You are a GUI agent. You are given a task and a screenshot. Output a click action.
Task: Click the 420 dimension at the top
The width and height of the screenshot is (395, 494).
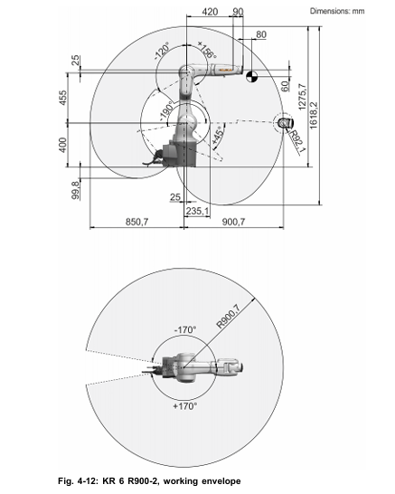[210, 12]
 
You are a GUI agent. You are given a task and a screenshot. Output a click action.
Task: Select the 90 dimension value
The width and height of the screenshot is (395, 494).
[238, 12]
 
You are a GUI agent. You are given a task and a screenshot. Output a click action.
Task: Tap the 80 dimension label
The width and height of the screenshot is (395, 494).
[261, 34]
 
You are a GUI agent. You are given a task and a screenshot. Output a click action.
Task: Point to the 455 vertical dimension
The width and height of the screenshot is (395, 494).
[63, 98]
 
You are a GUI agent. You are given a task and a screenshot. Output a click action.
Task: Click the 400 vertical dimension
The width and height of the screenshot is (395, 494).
[63, 145]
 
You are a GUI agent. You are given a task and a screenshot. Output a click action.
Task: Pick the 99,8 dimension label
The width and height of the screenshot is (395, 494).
[76, 190]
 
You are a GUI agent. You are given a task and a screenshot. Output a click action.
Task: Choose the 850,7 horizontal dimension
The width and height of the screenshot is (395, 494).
[136, 222]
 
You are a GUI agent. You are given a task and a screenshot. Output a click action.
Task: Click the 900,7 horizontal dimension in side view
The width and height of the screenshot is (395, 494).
[233, 222]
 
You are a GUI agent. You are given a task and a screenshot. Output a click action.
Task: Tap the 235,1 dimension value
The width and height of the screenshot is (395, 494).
[197, 211]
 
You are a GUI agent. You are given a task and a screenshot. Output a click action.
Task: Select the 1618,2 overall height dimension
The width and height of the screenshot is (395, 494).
[314, 115]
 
